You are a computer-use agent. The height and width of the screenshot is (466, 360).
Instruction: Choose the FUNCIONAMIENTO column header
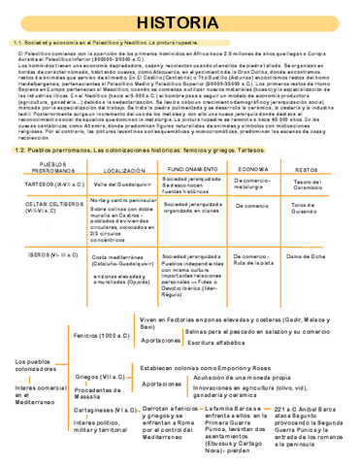(190, 169)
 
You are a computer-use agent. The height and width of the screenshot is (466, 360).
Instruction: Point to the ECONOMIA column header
(252, 169)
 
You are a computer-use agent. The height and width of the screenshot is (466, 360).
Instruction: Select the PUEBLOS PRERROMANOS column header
(43, 169)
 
